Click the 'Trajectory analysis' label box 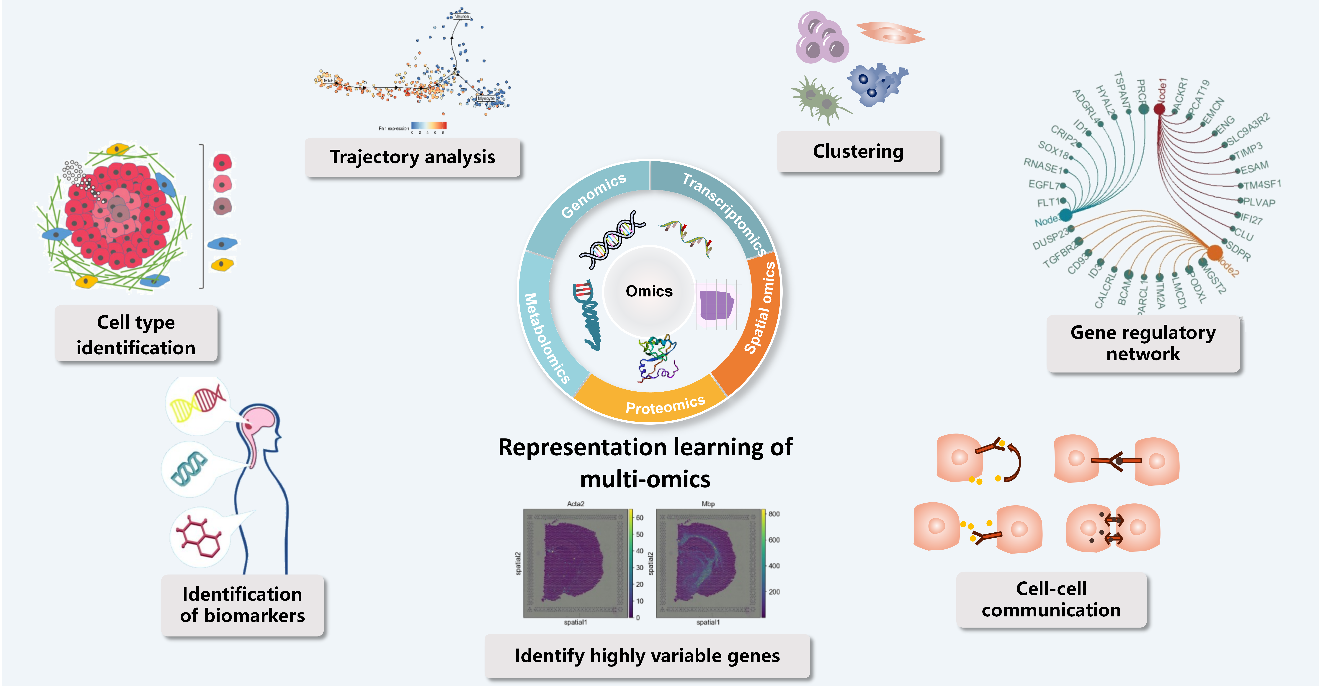coord(412,157)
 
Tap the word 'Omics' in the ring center coord(649,291)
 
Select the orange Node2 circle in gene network coord(1215,252)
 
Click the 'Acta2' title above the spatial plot coord(576,504)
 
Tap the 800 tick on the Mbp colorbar coord(774,514)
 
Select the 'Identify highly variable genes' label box coord(647,656)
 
